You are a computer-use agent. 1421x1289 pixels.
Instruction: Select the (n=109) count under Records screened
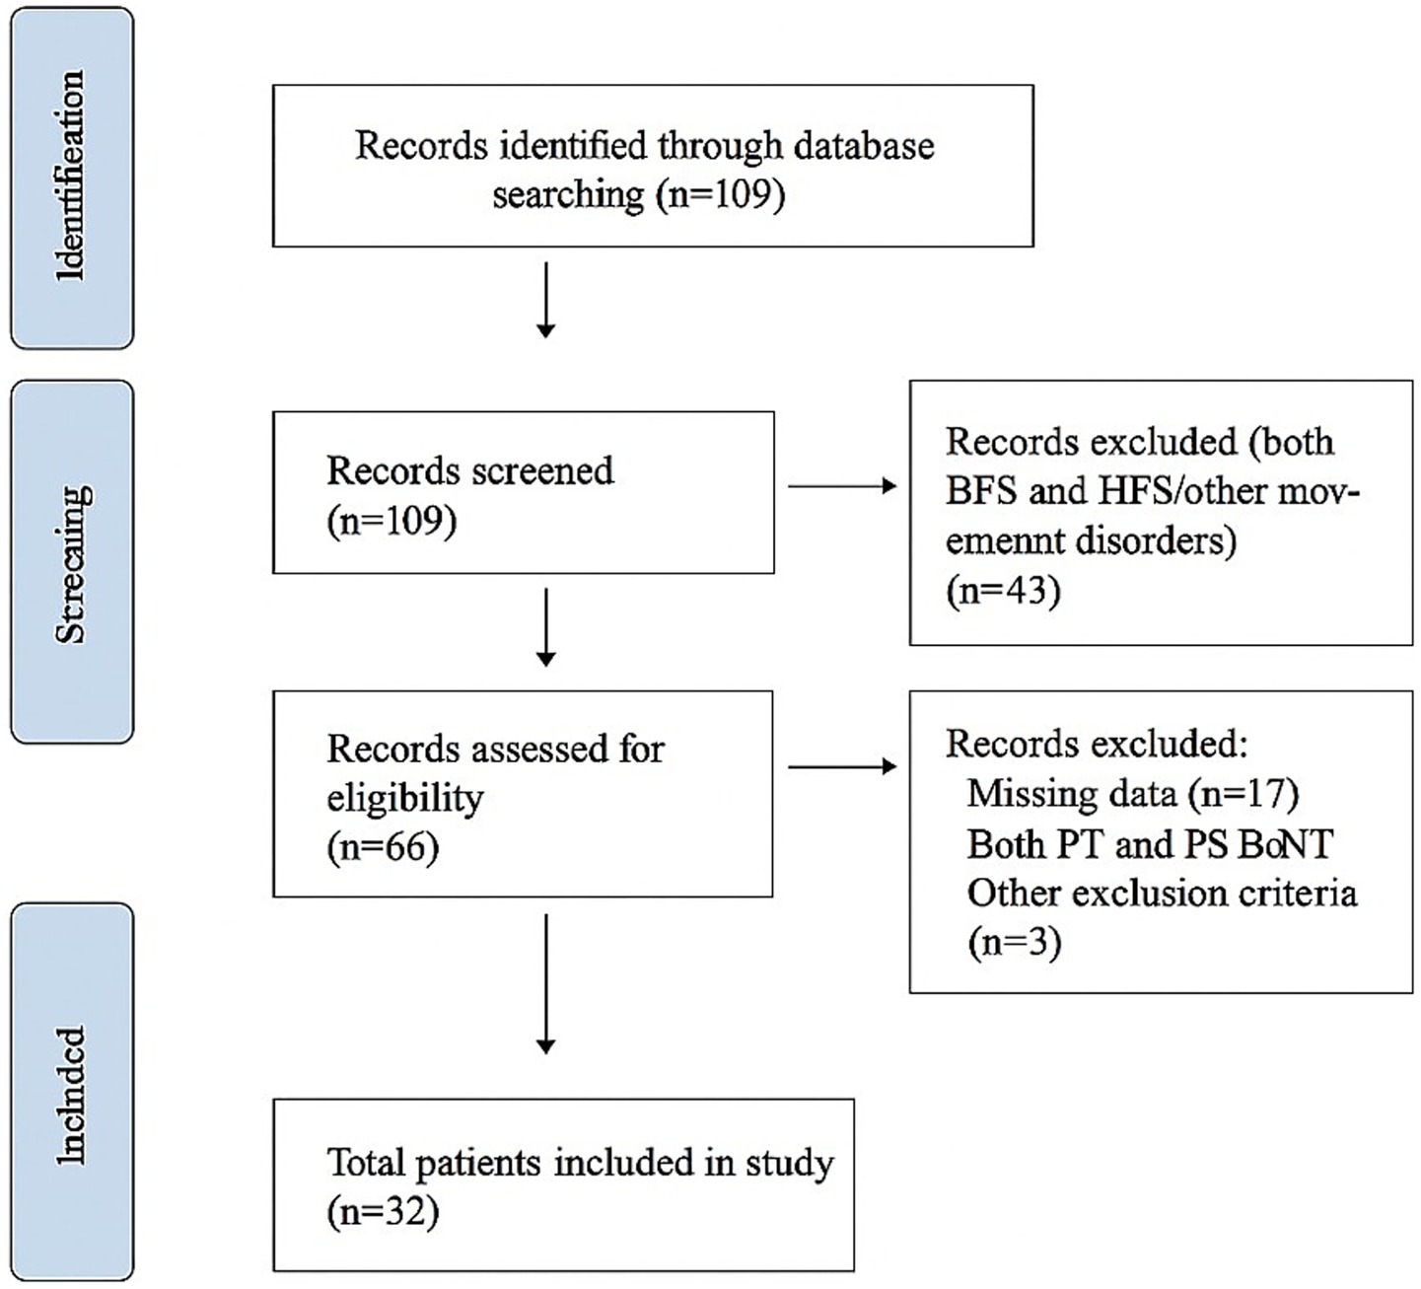pyautogui.click(x=391, y=521)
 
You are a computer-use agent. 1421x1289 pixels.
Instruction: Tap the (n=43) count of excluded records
pyautogui.click(x=1002, y=591)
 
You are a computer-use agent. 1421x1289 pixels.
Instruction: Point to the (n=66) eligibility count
pyautogui.click(x=383, y=847)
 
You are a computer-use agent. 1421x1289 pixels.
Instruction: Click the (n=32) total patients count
pyautogui.click(x=383, y=1212)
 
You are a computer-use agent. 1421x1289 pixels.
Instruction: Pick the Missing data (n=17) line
pyautogui.click(x=1132, y=793)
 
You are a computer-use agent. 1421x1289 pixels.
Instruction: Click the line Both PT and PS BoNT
pyautogui.click(x=1149, y=844)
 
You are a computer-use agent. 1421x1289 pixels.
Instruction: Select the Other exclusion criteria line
pyautogui.click(x=1162, y=894)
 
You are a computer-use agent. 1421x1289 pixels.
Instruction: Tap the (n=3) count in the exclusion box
pyautogui.click(x=1014, y=943)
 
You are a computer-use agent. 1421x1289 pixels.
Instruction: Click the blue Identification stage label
pyautogui.click(x=72, y=178)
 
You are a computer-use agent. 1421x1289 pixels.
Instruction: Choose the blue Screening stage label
pyautogui.click(x=72, y=562)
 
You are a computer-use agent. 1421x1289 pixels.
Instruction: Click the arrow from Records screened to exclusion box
pyautogui.click(x=842, y=485)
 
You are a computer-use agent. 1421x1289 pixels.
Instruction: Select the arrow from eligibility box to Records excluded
pyautogui.click(x=842, y=766)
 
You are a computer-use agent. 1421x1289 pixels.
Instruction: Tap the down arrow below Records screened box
pyautogui.click(x=545, y=627)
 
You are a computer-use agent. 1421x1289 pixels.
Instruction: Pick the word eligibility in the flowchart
pyautogui.click(x=405, y=798)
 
